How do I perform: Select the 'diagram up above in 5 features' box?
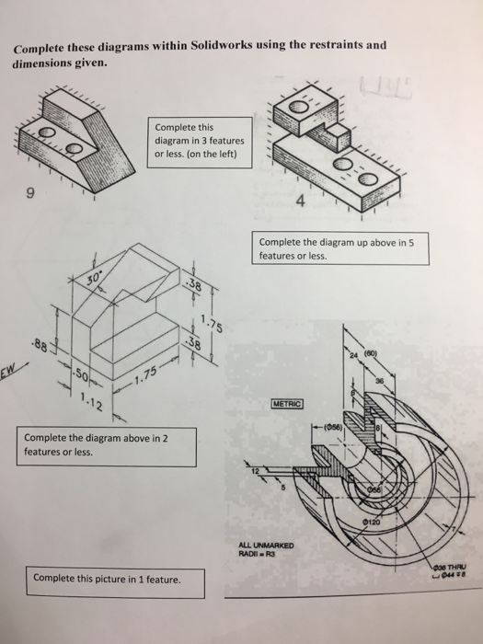click(x=339, y=249)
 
